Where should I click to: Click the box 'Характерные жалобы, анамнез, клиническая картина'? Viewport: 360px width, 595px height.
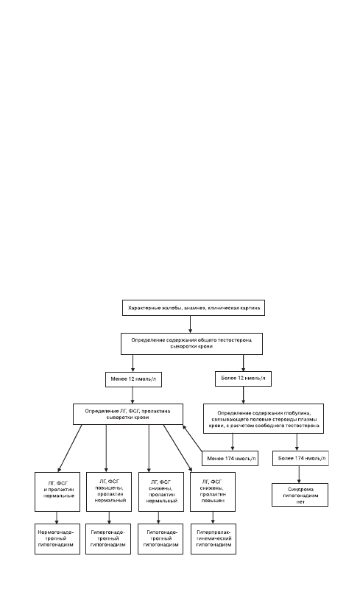194,308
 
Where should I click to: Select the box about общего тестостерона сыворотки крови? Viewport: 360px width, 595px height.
191,344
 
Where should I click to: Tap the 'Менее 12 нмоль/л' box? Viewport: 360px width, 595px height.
133,379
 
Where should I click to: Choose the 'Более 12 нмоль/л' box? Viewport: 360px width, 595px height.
243,379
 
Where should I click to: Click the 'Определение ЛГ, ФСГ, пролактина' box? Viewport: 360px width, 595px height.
128,414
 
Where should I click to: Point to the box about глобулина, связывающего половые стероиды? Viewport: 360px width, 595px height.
264,418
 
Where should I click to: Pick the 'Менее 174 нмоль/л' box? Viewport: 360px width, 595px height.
230,459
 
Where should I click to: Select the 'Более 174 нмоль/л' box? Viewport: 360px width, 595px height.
300,458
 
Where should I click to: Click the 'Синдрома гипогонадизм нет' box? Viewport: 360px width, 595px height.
300,495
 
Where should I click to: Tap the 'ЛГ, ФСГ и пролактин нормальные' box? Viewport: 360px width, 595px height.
57,492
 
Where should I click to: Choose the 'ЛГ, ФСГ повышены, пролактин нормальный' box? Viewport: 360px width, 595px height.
109,492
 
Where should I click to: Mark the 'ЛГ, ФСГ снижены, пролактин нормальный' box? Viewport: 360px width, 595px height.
160,492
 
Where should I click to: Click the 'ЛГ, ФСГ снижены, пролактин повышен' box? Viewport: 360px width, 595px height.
213,492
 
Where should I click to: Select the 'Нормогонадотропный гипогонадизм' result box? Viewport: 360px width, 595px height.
57,539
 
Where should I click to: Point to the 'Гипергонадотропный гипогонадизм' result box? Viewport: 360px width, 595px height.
108,539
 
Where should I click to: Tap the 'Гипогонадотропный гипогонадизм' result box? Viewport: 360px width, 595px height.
160,539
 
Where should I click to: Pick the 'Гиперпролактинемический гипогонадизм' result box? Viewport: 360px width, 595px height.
213,539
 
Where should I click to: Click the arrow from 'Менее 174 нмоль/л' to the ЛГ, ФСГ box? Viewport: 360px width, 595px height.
192,438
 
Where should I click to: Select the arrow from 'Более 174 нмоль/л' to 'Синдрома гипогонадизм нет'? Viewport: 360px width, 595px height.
299,475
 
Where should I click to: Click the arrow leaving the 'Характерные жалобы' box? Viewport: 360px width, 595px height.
190,325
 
